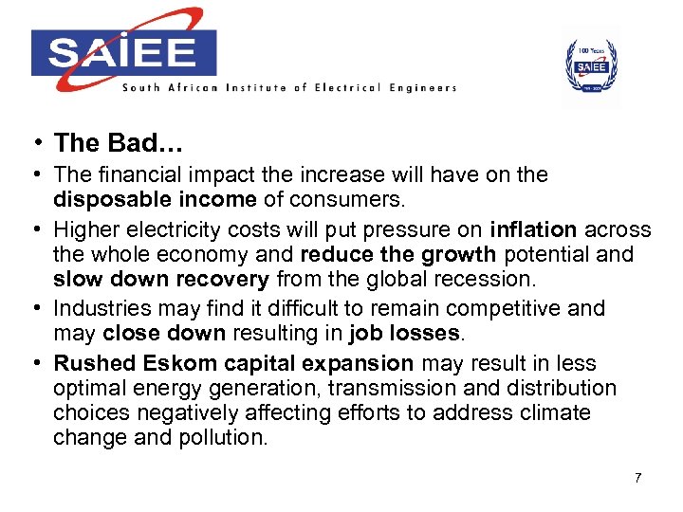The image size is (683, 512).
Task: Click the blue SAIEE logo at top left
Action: click(x=123, y=51)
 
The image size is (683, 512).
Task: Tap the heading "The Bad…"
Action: click(x=119, y=143)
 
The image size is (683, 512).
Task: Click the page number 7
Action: click(x=638, y=477)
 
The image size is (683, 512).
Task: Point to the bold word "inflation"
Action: click(x=534, y=229)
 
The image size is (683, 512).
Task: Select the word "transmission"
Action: click(x=375, y=388)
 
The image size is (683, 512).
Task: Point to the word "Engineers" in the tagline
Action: click(x=421, y=88)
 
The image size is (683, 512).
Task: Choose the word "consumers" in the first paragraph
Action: click(x=355, y=198)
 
